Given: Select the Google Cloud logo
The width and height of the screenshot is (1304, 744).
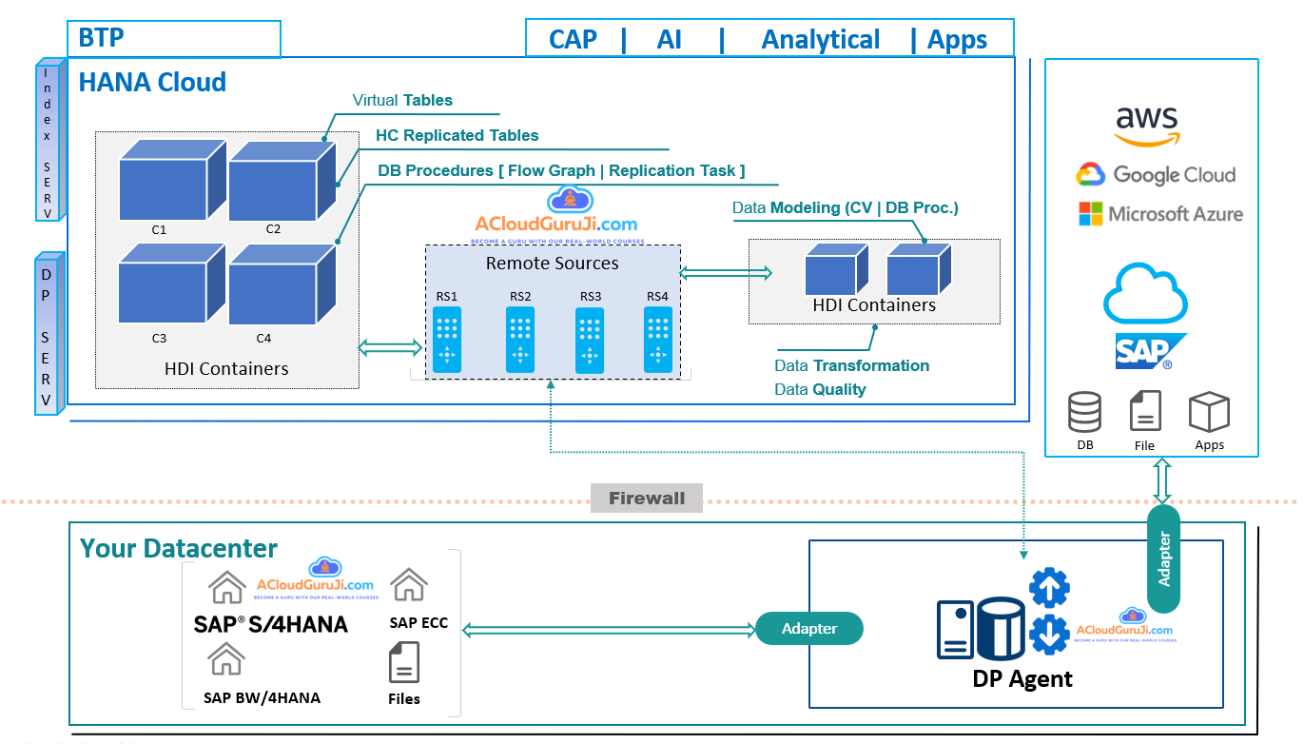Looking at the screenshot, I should point(1156,175).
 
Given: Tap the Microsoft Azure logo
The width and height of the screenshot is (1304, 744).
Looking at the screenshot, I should point(1160,214).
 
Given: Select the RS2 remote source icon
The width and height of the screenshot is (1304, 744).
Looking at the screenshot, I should point(519,339).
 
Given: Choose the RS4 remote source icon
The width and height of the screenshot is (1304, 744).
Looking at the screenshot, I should point(658,339).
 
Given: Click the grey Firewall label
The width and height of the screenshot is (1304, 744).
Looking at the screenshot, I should point(647,498).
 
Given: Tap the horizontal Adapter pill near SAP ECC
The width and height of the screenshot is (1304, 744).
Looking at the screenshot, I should point(809,628).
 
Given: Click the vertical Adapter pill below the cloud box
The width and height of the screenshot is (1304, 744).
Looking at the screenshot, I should point(1163,558).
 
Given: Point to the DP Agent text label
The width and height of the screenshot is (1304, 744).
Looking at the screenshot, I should point(1022,678).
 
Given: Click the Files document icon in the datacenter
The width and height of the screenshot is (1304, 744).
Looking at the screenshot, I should point(404,662).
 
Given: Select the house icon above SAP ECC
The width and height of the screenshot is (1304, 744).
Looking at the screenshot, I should point(409,584).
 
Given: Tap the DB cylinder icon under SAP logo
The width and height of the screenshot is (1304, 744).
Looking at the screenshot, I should point(1085,413).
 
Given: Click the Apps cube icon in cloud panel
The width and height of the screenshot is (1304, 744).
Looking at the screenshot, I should point(1209,413).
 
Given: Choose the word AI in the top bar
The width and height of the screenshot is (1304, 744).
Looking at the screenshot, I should point(670,40).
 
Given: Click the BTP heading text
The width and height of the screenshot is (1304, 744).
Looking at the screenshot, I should point(101,38).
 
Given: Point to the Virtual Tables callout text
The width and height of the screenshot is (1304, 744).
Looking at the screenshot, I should point(402,100).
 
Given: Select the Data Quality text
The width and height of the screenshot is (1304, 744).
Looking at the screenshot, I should point(820,389).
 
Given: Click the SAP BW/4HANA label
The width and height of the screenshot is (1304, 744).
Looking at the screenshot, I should point(262,697).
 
